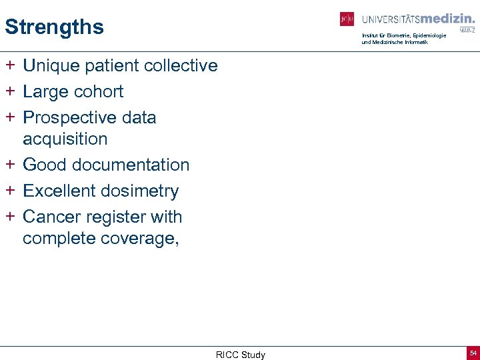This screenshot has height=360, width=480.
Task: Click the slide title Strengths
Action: pyautogui.click(x=54, y=27)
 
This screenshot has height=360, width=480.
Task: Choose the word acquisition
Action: pyautogui.click(x=65, y=139)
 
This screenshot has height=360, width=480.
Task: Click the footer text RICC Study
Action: pyautogui.click(x=240, y=355)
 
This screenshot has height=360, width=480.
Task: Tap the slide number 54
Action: pyautogui.click(x=473, y=353)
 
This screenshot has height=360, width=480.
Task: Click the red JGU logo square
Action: pyautogui.click(x=347, y=19)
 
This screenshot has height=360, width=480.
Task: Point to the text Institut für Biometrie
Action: pyautogui.click(x=387, y=35)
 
